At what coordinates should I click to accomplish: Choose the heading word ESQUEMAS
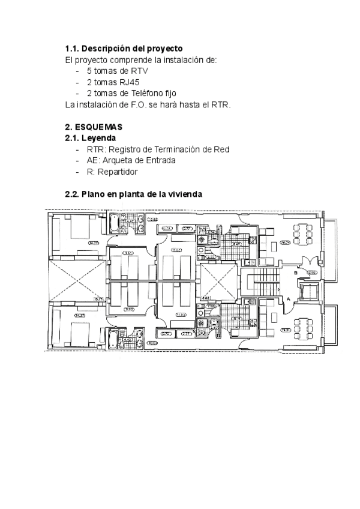point(98,127)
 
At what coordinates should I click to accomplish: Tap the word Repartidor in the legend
point(118,172)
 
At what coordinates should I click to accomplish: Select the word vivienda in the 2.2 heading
point(185,194)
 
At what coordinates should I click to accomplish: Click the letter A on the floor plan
point(288,298)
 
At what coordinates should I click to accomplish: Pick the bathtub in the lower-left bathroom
point(113,340)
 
